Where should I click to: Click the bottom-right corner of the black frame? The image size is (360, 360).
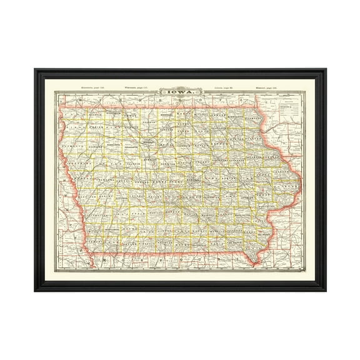coord(325,291)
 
